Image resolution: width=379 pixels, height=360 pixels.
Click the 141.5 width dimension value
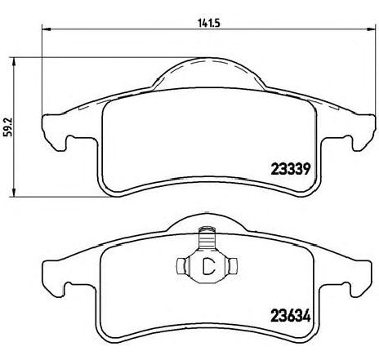[x=208, y=24]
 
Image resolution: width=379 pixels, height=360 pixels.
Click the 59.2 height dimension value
[x=8, y=127]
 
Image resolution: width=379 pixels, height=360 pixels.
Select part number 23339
[x=291, y=169]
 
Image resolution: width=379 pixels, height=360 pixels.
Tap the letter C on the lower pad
[x=208, y=265]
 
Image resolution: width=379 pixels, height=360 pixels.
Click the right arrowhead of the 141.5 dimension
[x=371, y=29]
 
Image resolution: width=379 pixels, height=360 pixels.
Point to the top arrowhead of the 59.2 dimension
[x=13, y=61]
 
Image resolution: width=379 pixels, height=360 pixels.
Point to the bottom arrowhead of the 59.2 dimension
[x=13, y=192]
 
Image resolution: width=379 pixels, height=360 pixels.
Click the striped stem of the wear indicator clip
[x=206, y=238]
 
